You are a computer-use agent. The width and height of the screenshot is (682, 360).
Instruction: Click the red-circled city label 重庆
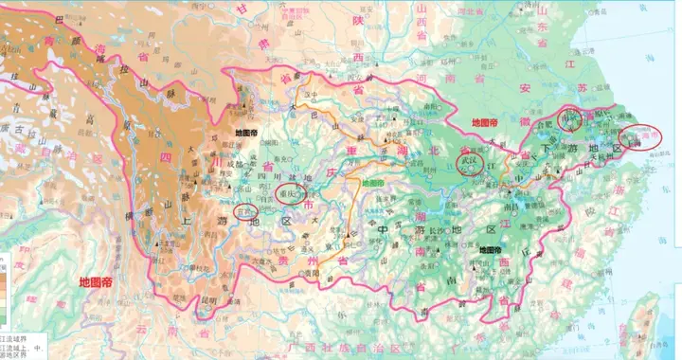[290, 194]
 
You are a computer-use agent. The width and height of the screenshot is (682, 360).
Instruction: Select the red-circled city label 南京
[570, 120]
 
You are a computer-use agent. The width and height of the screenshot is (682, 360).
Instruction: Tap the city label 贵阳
[307, 272]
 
